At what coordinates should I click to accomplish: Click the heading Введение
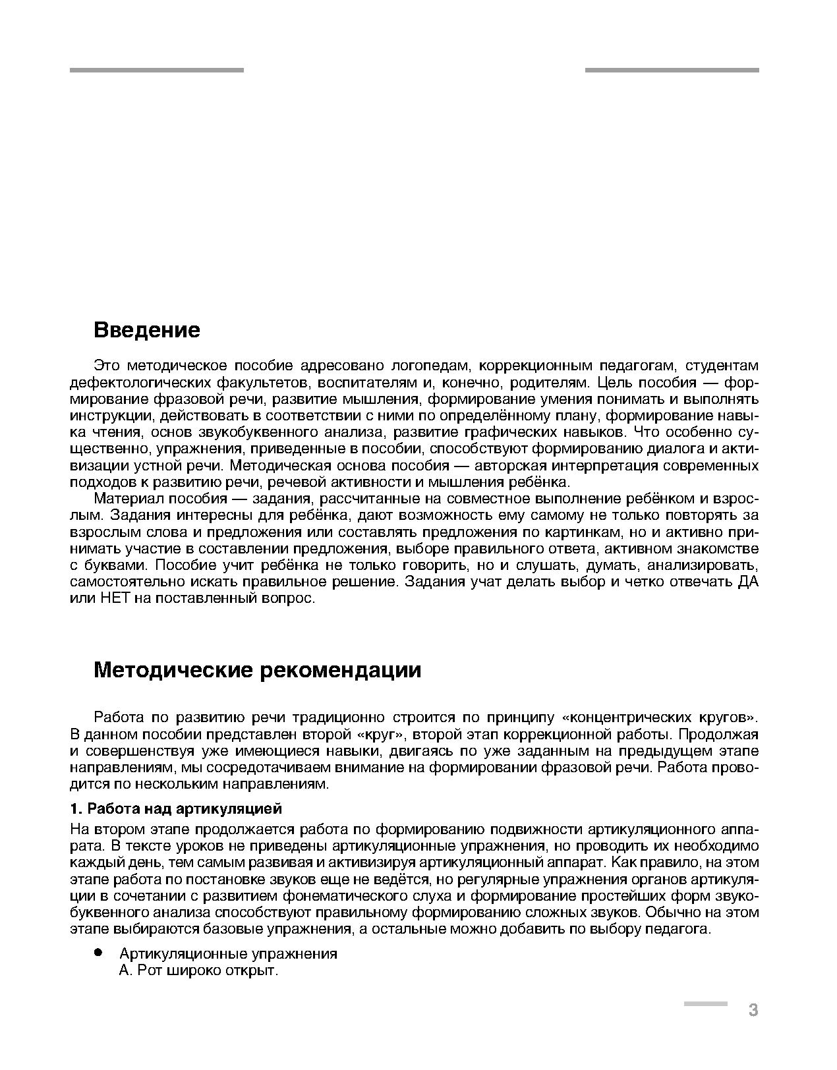146,329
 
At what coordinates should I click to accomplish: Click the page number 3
753,1010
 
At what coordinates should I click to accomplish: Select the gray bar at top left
156,70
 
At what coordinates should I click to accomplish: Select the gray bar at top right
672,70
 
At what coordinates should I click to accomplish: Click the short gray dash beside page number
705,1003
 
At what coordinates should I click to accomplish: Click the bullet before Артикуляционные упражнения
98,953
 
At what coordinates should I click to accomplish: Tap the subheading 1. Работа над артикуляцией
176,808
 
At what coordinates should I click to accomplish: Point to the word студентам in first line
721,366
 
